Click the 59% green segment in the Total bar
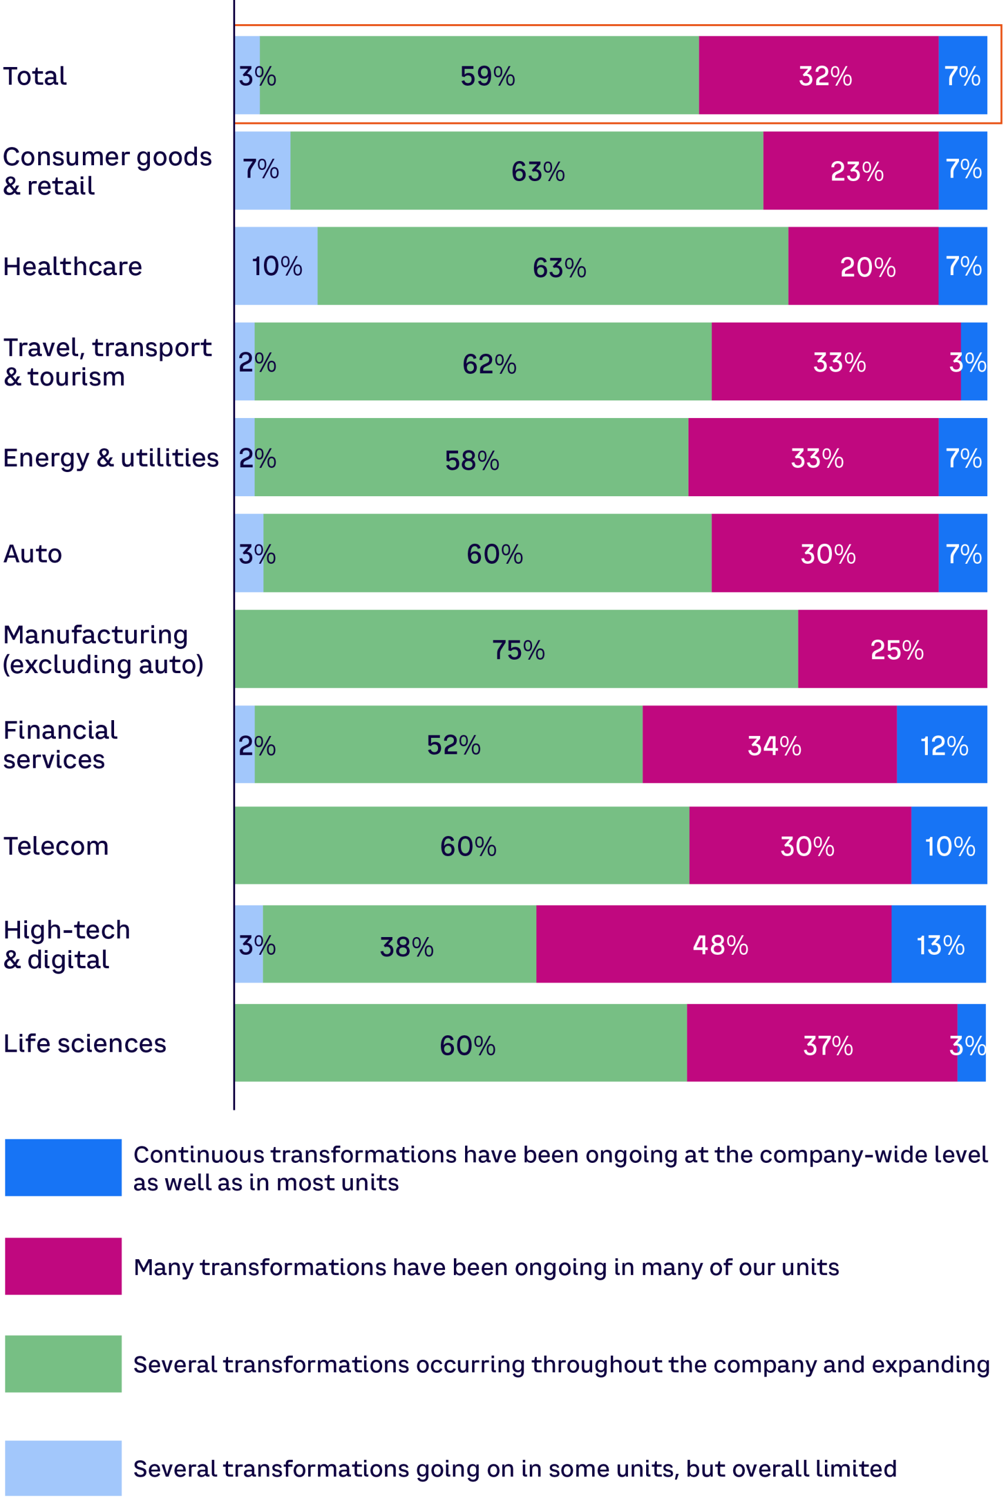pos(479,75)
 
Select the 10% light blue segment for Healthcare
pos(276,266)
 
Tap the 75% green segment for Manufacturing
pos(516,649)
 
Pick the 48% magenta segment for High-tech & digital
pos(713,944)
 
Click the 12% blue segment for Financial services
pos(942,744)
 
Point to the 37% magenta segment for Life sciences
pos(822,1043)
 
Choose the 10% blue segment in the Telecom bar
pos(949,845)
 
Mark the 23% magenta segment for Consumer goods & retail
pos(851,170)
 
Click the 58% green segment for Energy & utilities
pos(472,457)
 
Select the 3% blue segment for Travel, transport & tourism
pos(974,361)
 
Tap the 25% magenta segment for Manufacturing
pos(893,649)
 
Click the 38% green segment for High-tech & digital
pos(400,944)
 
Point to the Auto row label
pos(33,554)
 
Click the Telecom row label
pos(56,845)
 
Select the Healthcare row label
pos(72,266)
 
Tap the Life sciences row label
pos(85,1043)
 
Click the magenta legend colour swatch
pos(63,1266)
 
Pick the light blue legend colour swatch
pos(63,1468)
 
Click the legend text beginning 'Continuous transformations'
pos(560,1168)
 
